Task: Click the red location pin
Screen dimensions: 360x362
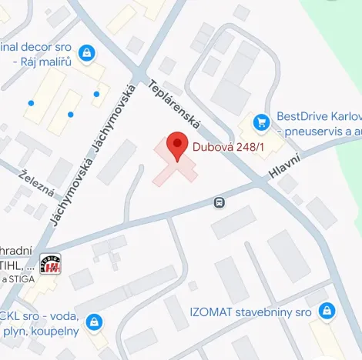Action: point(178,145)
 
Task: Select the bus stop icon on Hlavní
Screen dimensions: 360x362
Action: point(220,202)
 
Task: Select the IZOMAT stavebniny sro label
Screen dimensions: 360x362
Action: point(250,312)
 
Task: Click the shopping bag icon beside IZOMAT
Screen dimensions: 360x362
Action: point(327,312)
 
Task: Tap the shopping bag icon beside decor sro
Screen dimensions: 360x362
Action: point(86,53)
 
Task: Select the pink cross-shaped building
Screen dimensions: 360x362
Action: point(174,163)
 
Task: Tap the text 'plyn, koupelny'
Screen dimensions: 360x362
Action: point(42,331)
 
